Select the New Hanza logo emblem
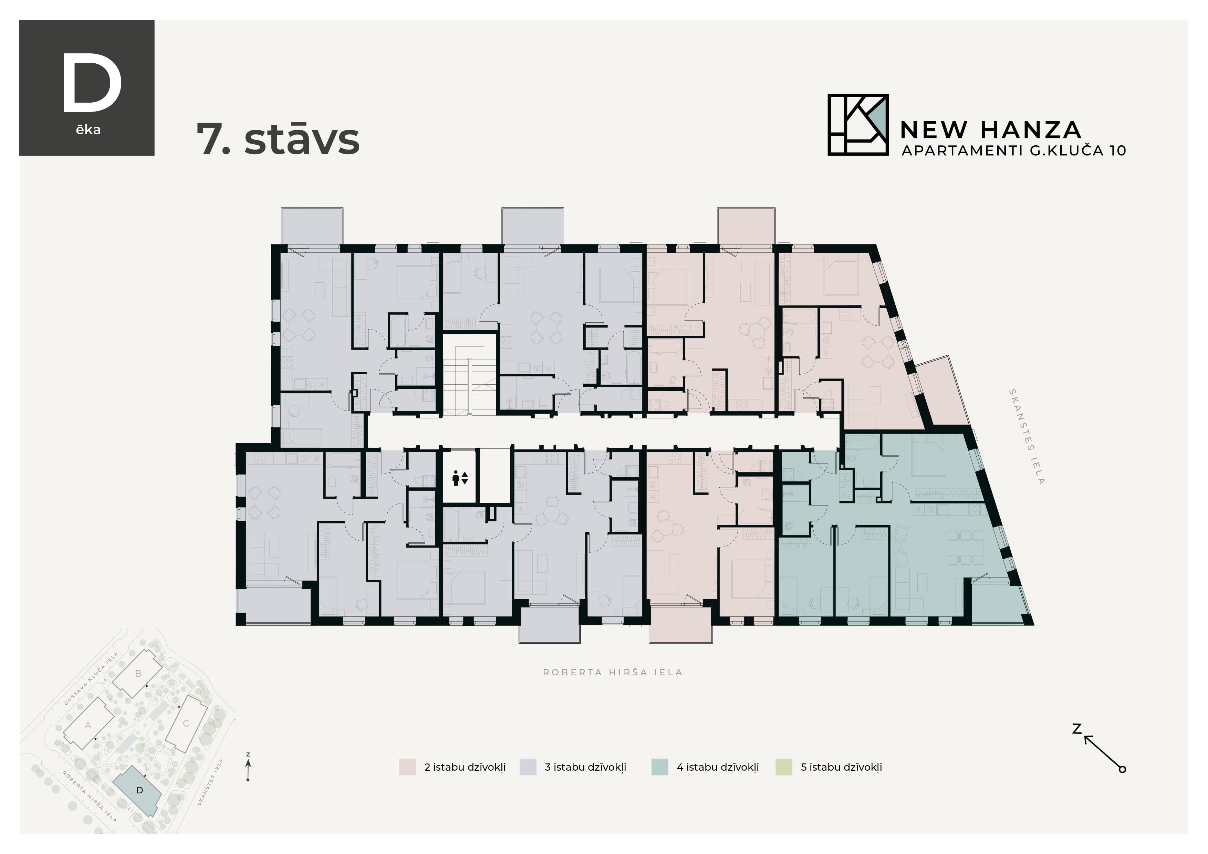[857, 125]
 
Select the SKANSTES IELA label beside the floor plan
[1026, 436]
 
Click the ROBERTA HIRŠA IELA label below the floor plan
[612, 672]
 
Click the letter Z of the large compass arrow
[1076, 729]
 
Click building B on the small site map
[138, 674]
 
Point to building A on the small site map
[88, 726]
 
